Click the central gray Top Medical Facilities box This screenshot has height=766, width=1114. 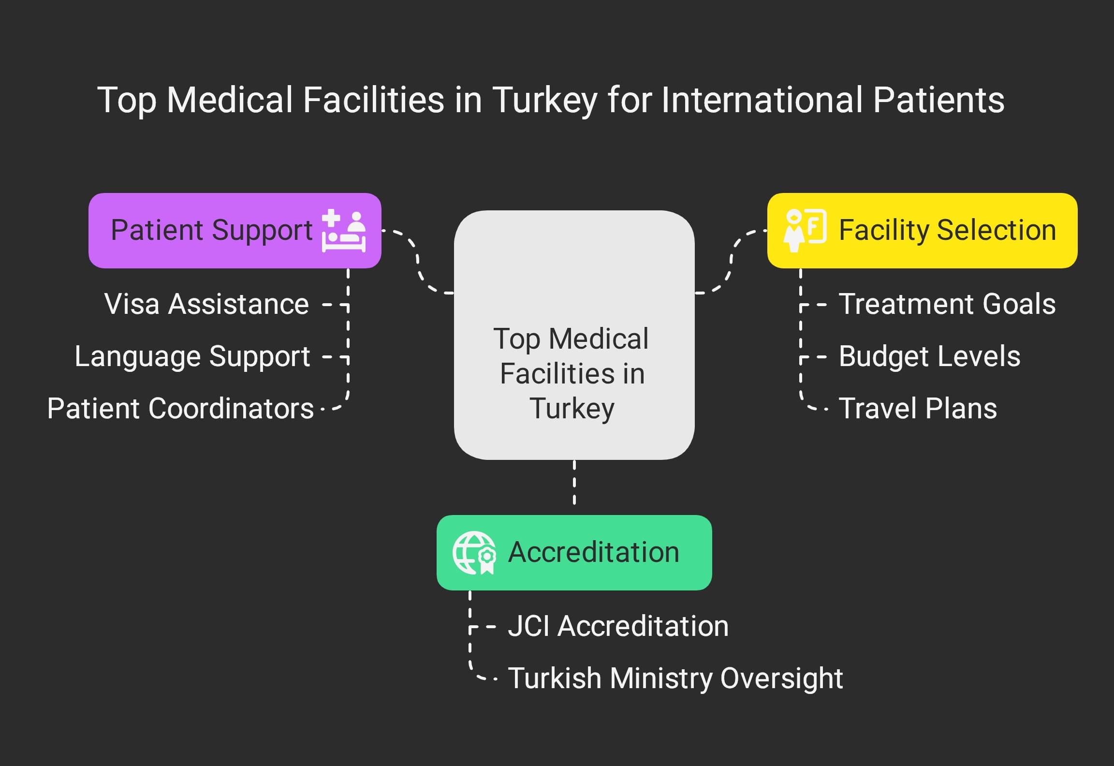574,335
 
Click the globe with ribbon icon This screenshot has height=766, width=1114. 474,553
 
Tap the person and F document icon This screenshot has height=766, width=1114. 804,230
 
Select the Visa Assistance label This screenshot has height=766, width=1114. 206,304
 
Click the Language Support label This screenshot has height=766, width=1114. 192,357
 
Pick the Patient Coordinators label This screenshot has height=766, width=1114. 180,409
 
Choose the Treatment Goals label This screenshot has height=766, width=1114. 947,304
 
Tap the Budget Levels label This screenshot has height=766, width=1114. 929,357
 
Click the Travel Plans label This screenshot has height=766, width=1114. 917,409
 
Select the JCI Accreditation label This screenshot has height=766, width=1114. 618,626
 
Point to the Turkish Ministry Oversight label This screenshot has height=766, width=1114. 675,678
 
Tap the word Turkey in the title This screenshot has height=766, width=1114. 545,100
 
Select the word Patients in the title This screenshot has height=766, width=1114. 939,100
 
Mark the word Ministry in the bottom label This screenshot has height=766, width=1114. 661,678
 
